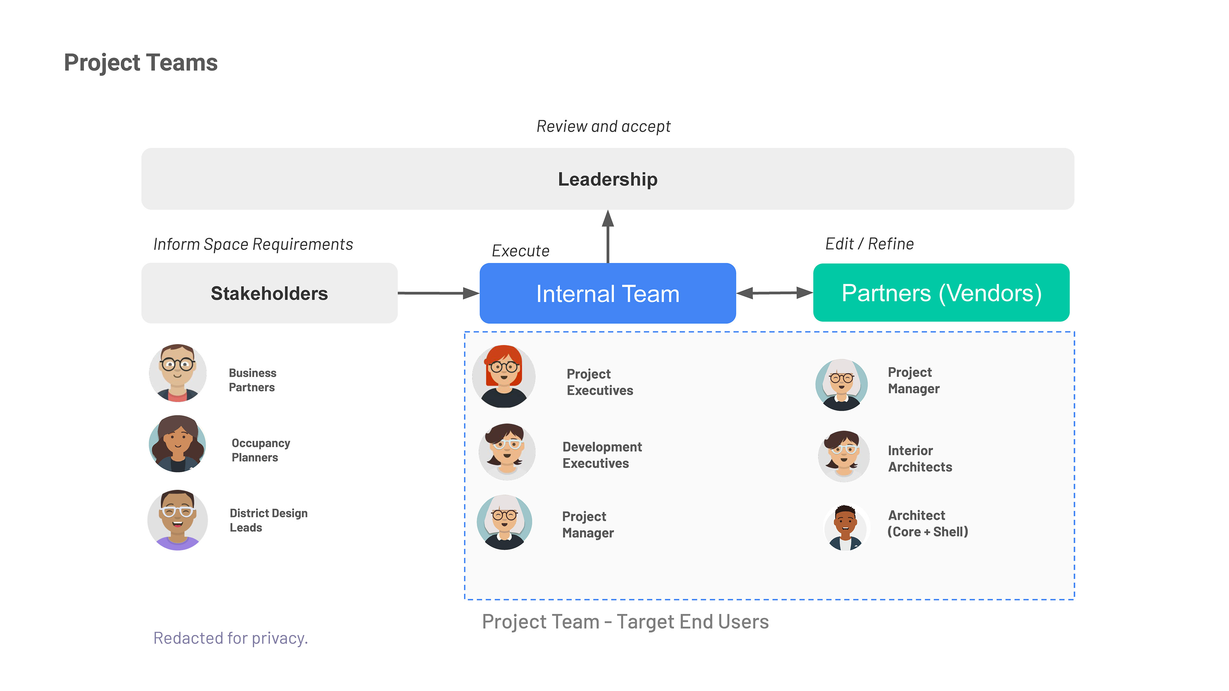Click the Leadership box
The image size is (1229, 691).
pyautogui.click(x=607, y=179)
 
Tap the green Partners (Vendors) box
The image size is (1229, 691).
pyautogui.click(x=941, y=292)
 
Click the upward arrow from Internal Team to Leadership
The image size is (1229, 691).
pyautogui.click(x=607, y=236)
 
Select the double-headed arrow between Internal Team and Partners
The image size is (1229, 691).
pyautogui.click(x=774, y=293)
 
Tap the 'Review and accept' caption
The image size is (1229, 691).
pyautogui.click(x=604, y=126)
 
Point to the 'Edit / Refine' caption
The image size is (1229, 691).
pyautogui.click(x=869, y=244)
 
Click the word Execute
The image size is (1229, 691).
pyautogui.click(x=520, y=251)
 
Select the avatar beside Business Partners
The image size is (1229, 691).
pyautogui.click(x=178, y=373)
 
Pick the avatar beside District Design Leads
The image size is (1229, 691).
pyautogui.click(x=178, y=520)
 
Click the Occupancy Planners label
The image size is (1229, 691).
pyautogui.click(x=261, y=450)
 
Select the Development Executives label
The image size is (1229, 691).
pyautogui.click(x=602, y=455)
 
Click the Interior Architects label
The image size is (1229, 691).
pyautogui.click(x=920, y=458)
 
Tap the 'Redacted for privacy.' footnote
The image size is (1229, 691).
pyautogui.click(x=230, y=638)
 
